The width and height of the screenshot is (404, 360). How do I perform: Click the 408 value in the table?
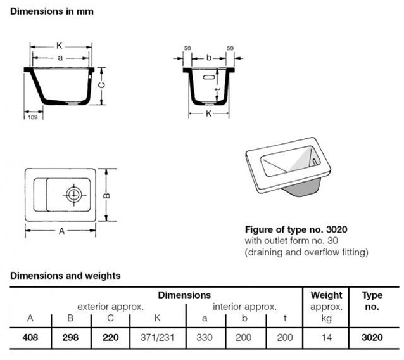30,338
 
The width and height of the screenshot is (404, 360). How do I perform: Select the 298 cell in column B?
70,338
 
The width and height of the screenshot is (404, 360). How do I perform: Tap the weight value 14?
327,338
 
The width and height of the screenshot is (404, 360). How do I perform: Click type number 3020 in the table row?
372,338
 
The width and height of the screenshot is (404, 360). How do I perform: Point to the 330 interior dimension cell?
205,338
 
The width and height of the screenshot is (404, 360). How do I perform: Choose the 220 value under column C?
111,338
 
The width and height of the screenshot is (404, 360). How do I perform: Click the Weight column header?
327,295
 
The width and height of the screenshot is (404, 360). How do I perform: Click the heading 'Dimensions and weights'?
65,276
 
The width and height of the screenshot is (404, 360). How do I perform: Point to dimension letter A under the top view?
62,231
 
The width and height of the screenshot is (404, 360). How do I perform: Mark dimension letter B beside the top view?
108,196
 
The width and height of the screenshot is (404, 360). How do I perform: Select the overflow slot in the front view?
207,78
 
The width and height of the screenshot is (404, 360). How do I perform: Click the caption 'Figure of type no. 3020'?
296,229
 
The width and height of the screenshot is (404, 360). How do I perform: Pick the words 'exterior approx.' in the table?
111,307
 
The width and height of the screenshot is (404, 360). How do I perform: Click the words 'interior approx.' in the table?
244,307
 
